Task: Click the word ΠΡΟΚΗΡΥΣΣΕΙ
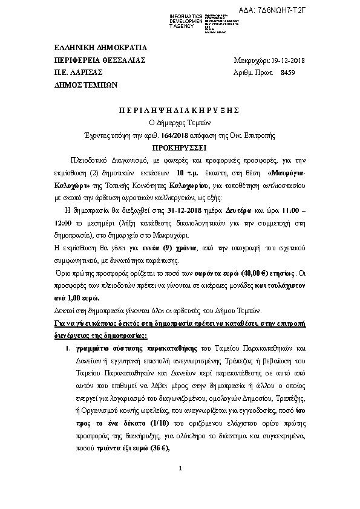[180, 146]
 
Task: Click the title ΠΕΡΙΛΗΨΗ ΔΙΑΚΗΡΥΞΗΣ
[179, 110]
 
